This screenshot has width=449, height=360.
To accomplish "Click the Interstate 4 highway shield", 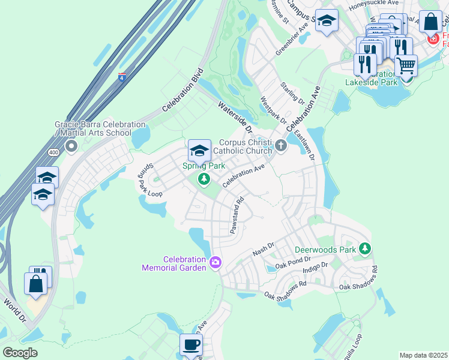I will click(122, 77).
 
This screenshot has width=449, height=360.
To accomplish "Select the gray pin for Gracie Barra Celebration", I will click(71, 146).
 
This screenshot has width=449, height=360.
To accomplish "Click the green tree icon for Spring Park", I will click(204, 178).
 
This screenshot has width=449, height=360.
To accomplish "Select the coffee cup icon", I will click(191, 345).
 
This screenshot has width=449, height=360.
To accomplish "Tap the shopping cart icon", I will click(406, 65).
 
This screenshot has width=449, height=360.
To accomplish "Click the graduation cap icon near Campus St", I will click(326, 22).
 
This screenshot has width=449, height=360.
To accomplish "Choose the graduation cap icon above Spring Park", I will click(199, 150).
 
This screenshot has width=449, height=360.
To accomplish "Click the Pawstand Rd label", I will click(237, 216).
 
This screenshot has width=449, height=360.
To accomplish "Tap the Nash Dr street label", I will click(263, 250).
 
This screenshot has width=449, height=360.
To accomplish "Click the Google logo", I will click(20, 352).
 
